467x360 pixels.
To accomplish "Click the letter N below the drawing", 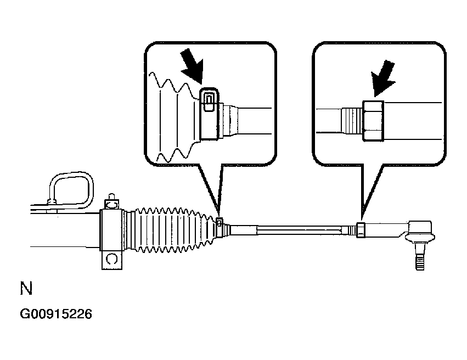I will pyautogui.click(x=26, y=289).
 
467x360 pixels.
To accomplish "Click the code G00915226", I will pyautogui.click(x=56, y=314).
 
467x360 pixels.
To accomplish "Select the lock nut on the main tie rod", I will pyautogui.click(x=360, y=229).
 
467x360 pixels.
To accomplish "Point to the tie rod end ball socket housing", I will pyautogui.click(x=420, y=230).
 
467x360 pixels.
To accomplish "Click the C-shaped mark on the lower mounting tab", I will pyautogui.click(x=111, y=258).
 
